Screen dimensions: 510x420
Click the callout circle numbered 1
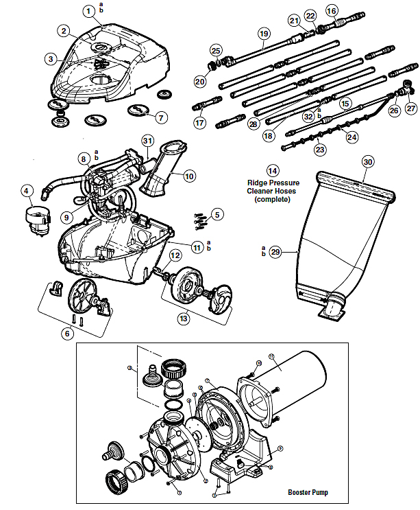[x=88, y=11]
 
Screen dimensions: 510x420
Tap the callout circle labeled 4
[x=27, y=190]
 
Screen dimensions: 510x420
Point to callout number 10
[x=189, y=176]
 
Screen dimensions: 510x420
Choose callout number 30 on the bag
[x=368, y=162]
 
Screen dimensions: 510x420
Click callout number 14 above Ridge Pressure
[x=273, y=170]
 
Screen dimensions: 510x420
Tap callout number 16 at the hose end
[x=332, y=10]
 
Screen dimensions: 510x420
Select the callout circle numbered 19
[x=264, y=34]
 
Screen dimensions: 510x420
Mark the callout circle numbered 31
[x=147, y=141]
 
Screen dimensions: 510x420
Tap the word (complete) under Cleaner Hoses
[x=273, y=200]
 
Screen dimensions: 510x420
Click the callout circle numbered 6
[x=66, y=333]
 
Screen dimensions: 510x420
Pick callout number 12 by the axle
[x=175, y=255]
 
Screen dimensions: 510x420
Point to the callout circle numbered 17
[x=199, y=124]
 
